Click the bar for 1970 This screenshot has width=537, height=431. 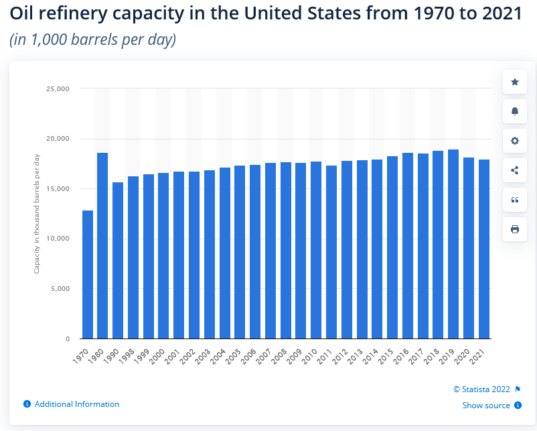point(87,275)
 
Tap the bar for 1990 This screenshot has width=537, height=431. point(118,261)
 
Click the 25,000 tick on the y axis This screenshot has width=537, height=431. point(58,88)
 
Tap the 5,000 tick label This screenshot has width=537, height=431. point(60,289)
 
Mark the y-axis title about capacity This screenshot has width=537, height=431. point(37,213)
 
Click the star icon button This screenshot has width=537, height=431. point(515,82)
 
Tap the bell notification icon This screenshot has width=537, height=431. point(515,111)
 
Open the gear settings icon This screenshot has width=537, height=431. point(515,141)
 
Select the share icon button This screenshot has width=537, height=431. point(515,170)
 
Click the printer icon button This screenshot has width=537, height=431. point(515,229)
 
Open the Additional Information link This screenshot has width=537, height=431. point(76,404)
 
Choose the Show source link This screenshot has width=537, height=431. point(486,406)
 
